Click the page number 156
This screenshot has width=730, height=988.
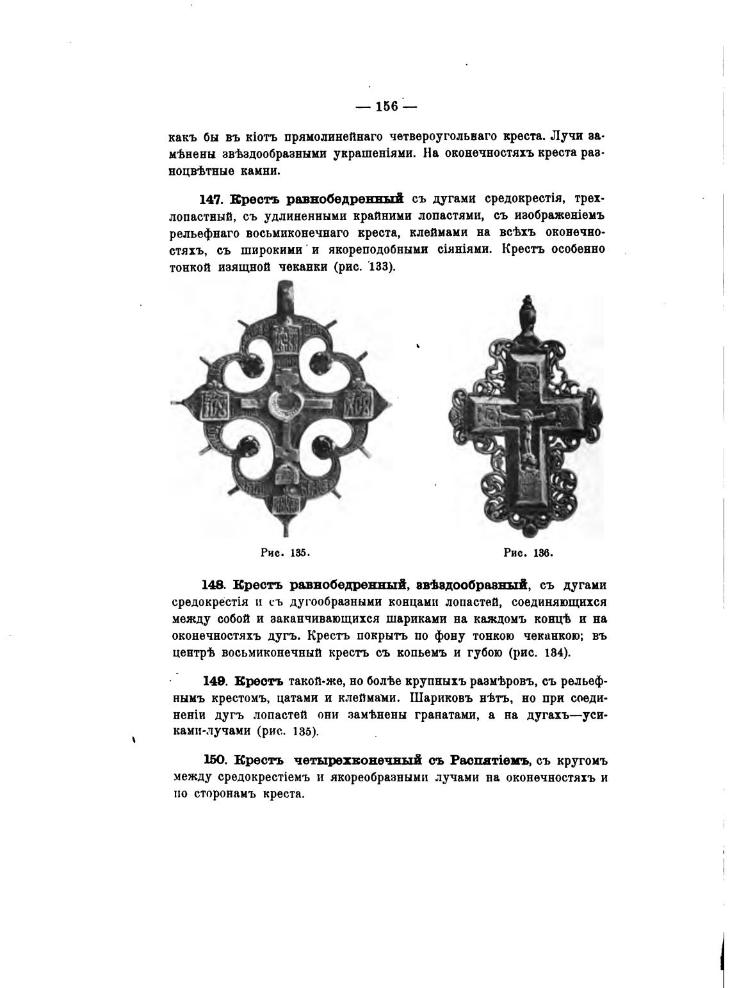[x=386, y=106]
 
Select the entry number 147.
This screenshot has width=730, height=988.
[x=211, y=199]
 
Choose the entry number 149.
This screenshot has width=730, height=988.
[x=216, y=681]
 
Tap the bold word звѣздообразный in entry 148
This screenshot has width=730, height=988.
[x=471, y=586]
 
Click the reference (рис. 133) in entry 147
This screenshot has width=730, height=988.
[x=364, y=267]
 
